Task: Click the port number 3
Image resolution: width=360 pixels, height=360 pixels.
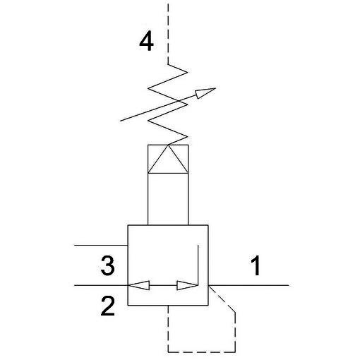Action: click(108, 265)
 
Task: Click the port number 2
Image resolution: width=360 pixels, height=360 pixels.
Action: click(108, 306)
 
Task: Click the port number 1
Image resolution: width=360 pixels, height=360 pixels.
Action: click(256, 265)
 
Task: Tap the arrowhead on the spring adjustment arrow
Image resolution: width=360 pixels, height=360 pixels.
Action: click(205, 92)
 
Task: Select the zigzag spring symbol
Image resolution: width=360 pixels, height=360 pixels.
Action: click(168, 104)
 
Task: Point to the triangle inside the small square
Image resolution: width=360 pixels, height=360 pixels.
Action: click(168, 159)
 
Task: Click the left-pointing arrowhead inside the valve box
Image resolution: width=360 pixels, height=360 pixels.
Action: click(139, 285)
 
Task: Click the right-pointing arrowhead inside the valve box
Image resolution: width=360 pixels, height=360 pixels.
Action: click(187, 285)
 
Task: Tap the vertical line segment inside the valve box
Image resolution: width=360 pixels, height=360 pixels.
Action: click(198, 265)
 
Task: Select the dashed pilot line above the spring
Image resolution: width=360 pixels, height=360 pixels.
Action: click(168, 33)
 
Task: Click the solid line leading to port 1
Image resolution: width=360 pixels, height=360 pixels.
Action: click(248, 285)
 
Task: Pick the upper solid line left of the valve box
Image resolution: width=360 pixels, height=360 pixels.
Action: click(101, 246)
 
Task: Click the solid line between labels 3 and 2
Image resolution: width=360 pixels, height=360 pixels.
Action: click(101, 285)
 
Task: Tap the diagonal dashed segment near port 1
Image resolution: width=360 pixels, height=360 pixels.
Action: click(222, 299)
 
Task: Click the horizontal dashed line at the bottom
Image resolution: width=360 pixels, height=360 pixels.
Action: click(202, 352)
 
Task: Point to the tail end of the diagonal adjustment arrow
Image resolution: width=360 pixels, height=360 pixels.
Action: click(121, 121)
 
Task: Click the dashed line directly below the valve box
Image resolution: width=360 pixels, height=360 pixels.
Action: click(168, 329)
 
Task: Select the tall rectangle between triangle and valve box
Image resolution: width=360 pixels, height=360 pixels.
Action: click(168, 199)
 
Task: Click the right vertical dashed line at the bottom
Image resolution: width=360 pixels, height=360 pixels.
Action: click(235, 332)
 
